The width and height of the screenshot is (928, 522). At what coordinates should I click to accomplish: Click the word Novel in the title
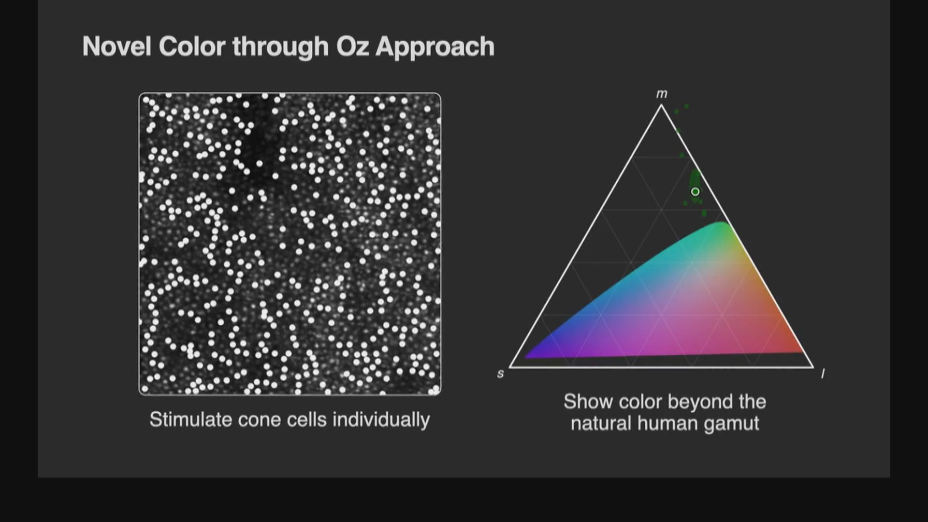click(116, 47)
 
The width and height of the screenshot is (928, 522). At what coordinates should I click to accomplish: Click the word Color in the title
click(192, 47)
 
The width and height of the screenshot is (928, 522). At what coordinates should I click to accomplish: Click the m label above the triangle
click(662, 94)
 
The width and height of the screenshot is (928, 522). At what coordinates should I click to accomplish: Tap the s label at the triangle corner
click(501, 374)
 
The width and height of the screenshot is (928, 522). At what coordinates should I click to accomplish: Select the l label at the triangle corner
click(823, 373)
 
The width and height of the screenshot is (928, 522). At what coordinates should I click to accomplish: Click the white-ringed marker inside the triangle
click(695, 191)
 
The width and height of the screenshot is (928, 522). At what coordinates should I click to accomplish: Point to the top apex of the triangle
click(661, 105)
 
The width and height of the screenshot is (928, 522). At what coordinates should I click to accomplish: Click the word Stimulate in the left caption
click(187, 419)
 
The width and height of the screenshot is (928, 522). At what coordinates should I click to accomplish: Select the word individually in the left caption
click(381, 420)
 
